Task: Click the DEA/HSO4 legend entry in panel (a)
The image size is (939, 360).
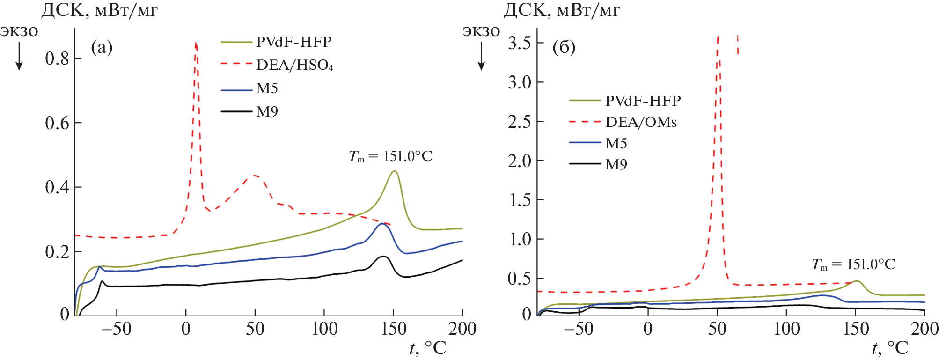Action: point(294,65)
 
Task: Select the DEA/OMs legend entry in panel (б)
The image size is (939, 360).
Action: point(641,122)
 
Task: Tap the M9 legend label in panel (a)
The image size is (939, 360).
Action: point(267,112)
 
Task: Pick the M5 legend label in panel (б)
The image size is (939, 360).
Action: point(616,143)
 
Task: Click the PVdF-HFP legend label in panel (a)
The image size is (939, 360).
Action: point(293,42)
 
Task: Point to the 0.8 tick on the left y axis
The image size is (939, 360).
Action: point(57,59)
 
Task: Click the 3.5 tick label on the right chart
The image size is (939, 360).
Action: point(519,43)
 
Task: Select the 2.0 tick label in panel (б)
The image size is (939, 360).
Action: point(519,161)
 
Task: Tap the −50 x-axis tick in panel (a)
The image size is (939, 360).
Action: point(117,329)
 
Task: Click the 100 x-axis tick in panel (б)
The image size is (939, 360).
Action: point(786,329)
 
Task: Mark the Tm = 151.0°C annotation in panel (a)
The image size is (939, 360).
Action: point(390,156)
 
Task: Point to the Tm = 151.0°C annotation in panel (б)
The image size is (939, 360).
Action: point(853,264)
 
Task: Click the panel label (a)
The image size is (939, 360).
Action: point(102,47)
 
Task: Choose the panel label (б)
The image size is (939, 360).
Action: point(564,47)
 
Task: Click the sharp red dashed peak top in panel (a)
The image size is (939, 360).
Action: point(196,43)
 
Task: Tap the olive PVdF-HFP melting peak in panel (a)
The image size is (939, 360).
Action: point(395,171)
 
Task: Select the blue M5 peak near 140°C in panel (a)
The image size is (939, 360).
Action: point(382,224)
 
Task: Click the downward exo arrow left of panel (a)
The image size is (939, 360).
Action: point(19,59)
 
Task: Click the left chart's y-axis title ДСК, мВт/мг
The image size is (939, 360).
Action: point(99,10)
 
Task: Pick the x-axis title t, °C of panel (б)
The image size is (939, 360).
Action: point(889,348)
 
